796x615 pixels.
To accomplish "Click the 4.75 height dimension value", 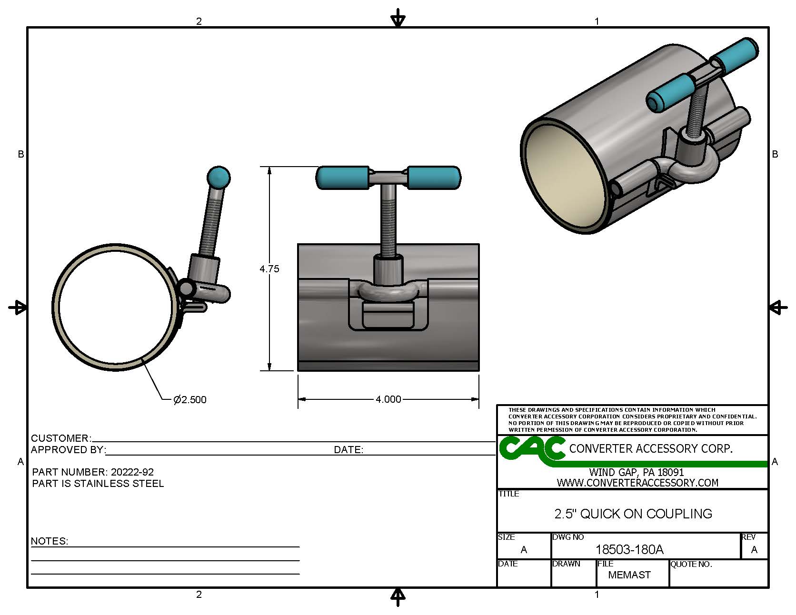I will pyautogui.click(x=269, y=269).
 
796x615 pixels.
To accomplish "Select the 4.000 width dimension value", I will pyautogui.click(x=388, y=399).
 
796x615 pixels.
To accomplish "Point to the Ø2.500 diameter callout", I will pyautogui.click(x=190, y=400).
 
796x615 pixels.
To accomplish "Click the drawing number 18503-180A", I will pyautogui.click(x=629, y=550).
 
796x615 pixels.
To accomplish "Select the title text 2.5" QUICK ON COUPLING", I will pyautogui.click(x=633, y=514).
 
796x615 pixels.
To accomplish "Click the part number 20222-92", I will pyautogui.click(x=132, y=472).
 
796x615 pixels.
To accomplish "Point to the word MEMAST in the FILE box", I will pyautogui.click(x=629, y=575).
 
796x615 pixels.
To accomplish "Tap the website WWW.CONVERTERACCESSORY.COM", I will pyautogui.click(x=637, y=483).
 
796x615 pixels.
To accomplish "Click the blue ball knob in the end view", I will pyautogui.click(x=219, y=178).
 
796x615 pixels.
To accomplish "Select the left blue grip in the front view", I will pyautogui.click(x=342, y=177).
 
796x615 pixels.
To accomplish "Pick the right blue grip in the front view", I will pyautogui.click(x=434, y=177).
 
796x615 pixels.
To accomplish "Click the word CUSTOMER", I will pyautogui.click(x=60, y=438).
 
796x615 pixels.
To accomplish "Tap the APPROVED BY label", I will pyautogui.click(x=68, y=450).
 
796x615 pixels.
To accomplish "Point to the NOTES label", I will pyautogui.click(x=49, y=541).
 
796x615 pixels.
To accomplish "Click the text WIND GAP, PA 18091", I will pyautogui.click(x=637, y=473).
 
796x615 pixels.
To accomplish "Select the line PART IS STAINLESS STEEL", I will pyautogui.click(x=98, y=484).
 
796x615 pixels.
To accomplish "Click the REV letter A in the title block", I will pyautogui.click(x=754, y=550).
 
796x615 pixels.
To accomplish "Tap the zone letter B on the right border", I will pyautogui.click(x=775, y=154).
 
